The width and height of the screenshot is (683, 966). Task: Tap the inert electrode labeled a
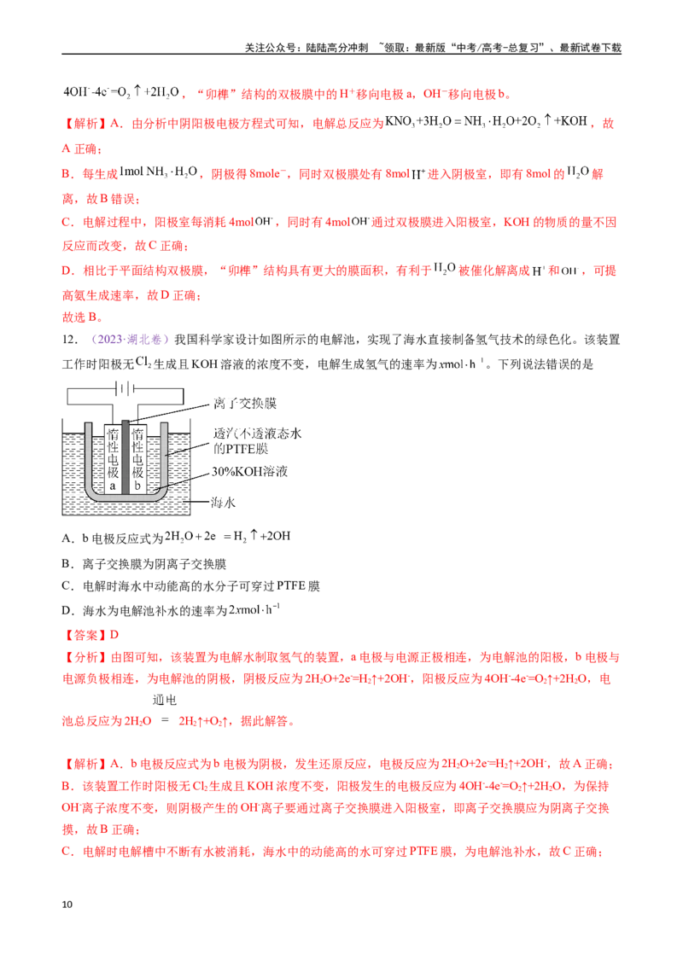112,458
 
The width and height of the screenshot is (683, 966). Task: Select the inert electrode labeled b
137,458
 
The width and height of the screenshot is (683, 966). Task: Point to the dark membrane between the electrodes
126,457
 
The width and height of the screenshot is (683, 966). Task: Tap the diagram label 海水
223,503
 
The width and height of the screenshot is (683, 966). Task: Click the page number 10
67,905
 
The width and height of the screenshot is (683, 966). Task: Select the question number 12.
70,340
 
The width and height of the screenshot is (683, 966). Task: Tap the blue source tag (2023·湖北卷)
130,340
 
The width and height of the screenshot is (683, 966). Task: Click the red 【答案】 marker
85,635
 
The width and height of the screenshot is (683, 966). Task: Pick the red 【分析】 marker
85,657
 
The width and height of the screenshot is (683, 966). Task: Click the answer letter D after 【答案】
114,635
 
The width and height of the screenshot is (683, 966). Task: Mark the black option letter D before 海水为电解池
67,610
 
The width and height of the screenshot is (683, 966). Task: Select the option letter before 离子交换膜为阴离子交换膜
67,564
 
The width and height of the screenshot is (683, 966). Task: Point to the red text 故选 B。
83,317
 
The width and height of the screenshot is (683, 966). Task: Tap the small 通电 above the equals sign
165,700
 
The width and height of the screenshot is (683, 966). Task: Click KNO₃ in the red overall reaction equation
400,122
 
